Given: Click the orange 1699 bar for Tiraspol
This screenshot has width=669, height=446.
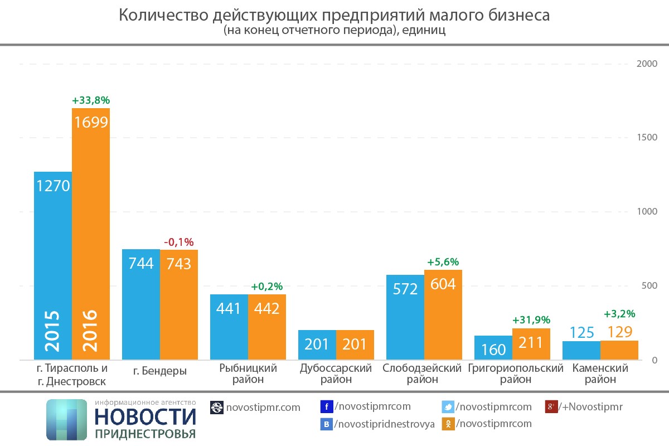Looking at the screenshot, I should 91,234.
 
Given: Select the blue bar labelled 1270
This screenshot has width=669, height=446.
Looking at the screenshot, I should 53,265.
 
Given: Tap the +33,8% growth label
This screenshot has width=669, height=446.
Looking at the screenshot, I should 91,101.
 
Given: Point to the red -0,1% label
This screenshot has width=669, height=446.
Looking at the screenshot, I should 178,242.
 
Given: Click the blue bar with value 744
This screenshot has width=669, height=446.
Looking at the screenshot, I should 141,304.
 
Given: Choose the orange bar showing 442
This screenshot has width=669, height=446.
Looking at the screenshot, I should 266,327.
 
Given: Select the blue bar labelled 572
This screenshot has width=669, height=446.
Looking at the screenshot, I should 405,317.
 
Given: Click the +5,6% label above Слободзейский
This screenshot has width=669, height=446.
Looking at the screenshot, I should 443,262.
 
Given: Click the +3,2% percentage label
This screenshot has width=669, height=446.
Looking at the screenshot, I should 619,314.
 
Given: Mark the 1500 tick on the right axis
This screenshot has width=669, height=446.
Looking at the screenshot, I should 647,138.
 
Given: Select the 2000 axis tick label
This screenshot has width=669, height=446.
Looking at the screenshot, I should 647,64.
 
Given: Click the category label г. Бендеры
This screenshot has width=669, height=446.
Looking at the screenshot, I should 160,371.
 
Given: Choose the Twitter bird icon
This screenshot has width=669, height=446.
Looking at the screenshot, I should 448,407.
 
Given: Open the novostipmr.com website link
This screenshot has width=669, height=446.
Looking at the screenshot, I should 263,408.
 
